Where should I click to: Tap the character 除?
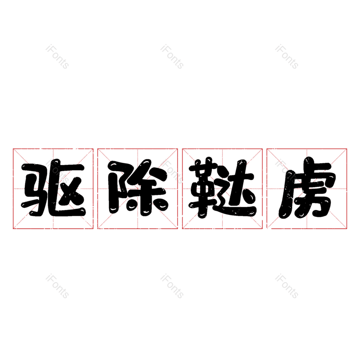(x=138, y=188)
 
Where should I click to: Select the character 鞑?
(x=222, y=188)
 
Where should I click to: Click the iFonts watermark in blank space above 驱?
(x=57, y=57)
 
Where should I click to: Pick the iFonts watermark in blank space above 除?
(x=172, y=57)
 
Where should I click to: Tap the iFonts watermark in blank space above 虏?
(x=287, y=57)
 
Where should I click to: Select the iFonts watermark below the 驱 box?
(x=57, y=286)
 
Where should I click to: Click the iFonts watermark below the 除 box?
(x=172, y=286)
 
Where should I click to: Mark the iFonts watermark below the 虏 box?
(x=287, y=286)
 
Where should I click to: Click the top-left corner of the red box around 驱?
(x=13, y=149)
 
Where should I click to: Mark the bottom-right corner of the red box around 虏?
(x=346, y=229)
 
